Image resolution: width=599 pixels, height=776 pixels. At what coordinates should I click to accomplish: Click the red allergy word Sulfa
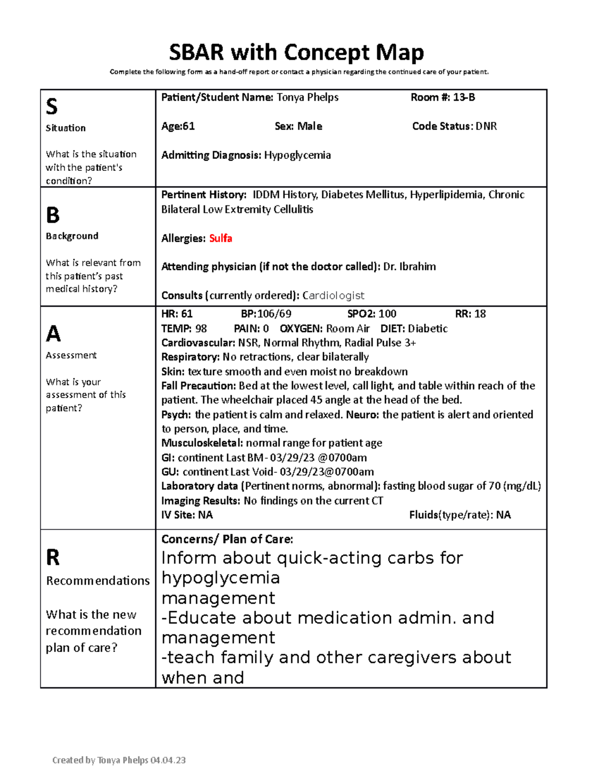click(x=221, y=238)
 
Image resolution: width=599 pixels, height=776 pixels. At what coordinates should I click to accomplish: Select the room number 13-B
click(x=464, y=97)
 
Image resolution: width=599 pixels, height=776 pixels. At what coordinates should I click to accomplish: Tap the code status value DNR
click(x=486, y=126)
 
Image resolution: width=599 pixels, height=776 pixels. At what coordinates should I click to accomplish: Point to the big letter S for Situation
click(x=52, y=106)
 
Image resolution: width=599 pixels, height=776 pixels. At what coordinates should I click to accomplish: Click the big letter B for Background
click(x=53, y=215)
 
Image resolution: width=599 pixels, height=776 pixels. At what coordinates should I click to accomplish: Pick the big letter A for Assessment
click(x=53, y=333)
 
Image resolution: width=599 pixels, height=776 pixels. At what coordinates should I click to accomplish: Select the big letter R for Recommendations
click(x=53, y=557)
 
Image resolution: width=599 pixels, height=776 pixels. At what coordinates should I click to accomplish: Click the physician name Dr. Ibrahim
click(x=409, y=267)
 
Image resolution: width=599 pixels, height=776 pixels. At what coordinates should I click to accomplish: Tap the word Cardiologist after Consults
click(x=333, y=296)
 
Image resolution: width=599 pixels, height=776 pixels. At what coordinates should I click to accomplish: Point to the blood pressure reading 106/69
click(x=274, y=314)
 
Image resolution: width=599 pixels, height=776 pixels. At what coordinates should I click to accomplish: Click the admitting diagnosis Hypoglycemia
click(x=298, y=155)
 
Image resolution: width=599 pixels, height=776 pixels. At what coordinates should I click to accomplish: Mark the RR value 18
click(x=480, y=314)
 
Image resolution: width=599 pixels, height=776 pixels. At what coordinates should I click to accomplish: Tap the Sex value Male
click(x=309, y=126)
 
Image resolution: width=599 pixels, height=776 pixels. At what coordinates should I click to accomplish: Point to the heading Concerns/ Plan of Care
click(x=227, y=539)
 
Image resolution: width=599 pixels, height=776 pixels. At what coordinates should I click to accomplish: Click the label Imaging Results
click(x=201, y=501)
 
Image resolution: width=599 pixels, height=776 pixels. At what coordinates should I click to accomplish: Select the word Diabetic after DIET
click(x=428, y=329)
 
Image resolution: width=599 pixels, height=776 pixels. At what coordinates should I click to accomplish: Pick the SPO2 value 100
click(x=387, y=314)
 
